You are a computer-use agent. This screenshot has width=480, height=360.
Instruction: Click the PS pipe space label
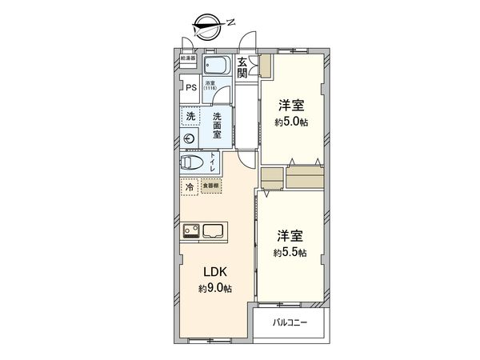pyautogui.click(x=191, y=89)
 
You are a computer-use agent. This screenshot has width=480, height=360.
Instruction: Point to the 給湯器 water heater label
pyautogui.click(x=188, y=58)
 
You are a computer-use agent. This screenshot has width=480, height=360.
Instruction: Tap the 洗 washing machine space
pyautogui.click(x=190, y=117)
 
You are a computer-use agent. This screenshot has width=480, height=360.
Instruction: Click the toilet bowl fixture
pyautogui.click(x=193, y=162)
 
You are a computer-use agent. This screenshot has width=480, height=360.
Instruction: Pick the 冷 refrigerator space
pyautogui.click(x=190, y=186)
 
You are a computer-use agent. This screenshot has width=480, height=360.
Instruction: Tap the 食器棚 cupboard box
pyautogui.click(x=207, y=186)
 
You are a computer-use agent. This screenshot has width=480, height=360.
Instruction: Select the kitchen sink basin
pyautogui.click(x=214, y=232)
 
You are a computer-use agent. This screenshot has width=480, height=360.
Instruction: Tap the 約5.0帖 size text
pyautogui.click(x=293, y=122)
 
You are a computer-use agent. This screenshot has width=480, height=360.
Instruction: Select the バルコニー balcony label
pyautogui.click(x=290, y=323)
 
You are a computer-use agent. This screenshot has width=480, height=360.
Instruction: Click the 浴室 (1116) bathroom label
pyautogui.click(x=211, y=86)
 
